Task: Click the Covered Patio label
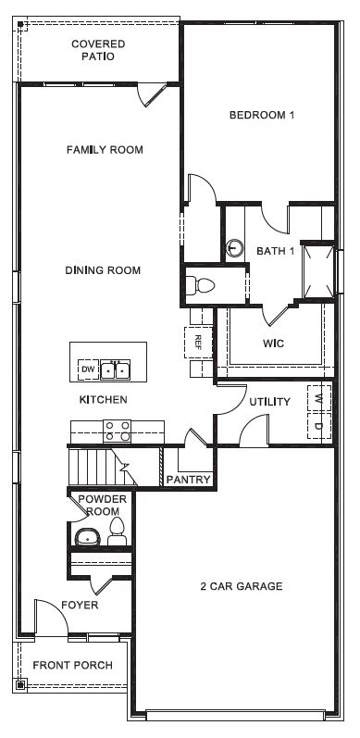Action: click(98, 50)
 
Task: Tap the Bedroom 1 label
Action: click(262, 116)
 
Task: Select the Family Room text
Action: click(105, 149)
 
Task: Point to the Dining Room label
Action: click(103, 270)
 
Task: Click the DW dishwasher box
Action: click(88, 369)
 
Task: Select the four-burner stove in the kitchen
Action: click(117, 430)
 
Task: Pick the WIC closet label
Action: click(273, 344)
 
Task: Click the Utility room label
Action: click(269, 402)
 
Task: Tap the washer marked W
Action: click(319, 396)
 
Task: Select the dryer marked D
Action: click(319, 426)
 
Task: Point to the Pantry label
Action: click(189, 479)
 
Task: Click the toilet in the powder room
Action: click(117, 531)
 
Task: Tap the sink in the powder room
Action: click(87, 536)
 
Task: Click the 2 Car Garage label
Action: click(241, 586)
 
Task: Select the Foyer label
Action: click(81, 605)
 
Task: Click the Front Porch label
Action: click(72, 665)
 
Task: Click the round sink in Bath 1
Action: click(235, 248)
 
